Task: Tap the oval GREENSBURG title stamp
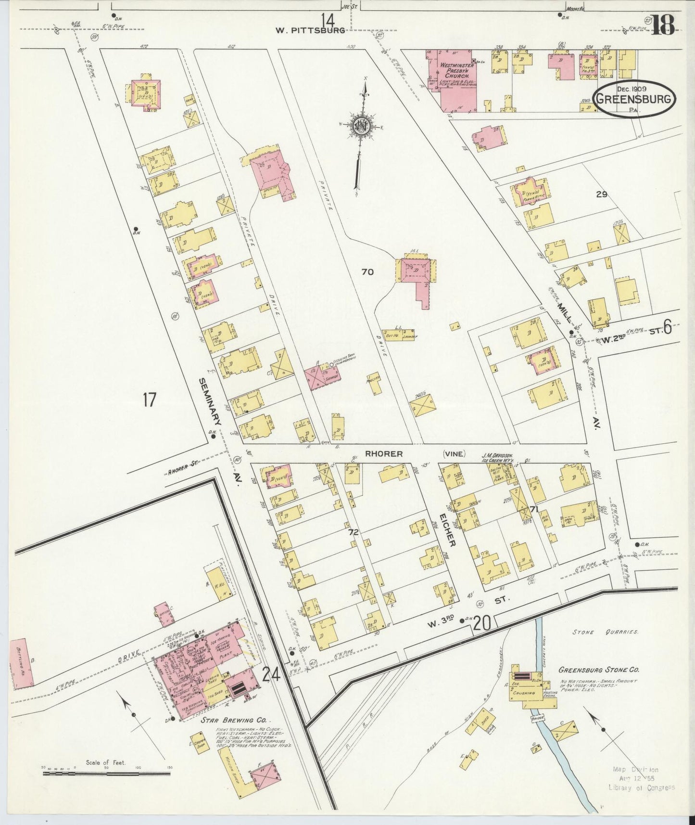[x=634, y=99]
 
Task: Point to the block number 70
[x=367, y=272]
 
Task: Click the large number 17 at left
[x=149, y=399]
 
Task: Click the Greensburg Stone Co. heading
[x=598, y=670]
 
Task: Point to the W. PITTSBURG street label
[x=310, y=30]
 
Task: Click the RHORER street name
[x=383, y=453]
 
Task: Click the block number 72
[x=354, y=532]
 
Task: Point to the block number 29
[x=602, y=194]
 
